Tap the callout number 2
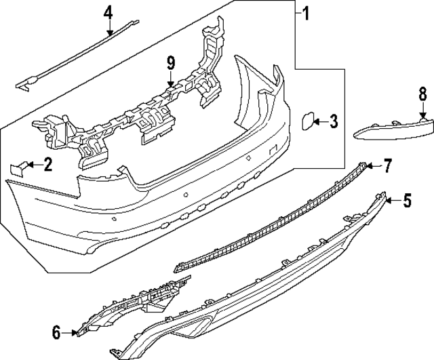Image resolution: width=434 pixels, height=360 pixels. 47,164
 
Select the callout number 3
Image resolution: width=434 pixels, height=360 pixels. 333,121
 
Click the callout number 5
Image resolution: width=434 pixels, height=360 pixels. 407,200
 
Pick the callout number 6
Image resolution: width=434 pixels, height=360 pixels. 56,332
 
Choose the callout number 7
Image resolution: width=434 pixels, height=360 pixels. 388,165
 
